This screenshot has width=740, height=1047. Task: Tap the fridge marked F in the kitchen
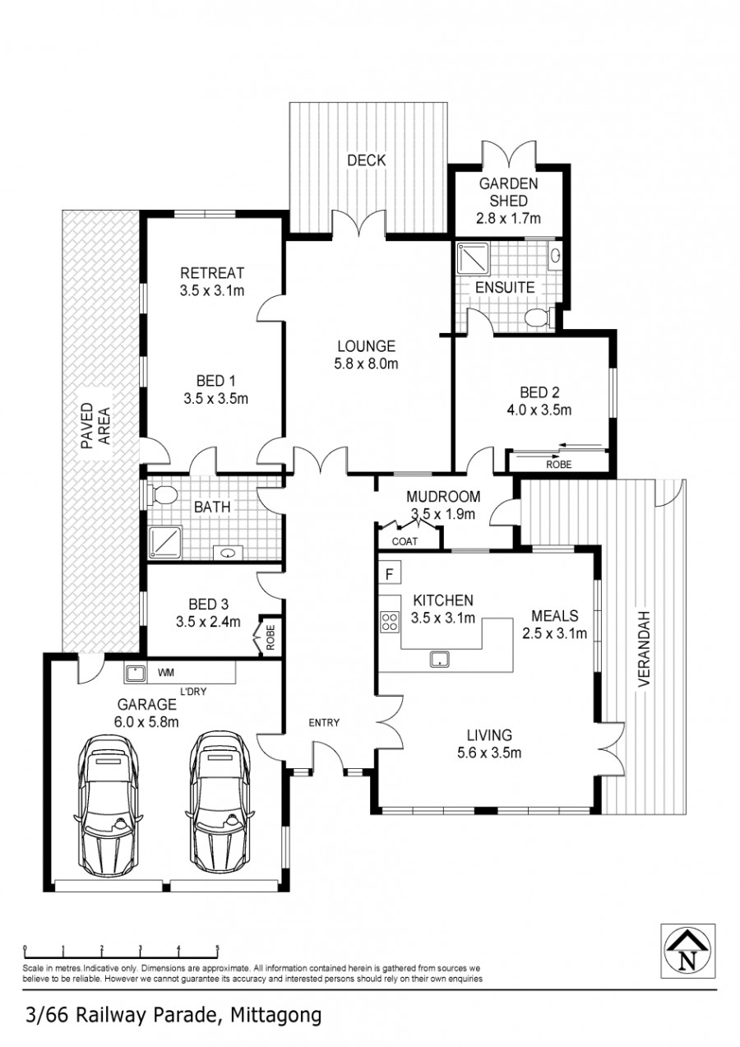click(389, 573)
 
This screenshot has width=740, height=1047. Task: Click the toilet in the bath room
click(160, 493)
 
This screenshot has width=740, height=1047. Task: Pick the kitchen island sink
click(439, 659)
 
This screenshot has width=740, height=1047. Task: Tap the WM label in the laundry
click(166, 673)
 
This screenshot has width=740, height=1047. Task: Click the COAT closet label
click(405, 541)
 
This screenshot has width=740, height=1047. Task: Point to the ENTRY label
click(324, 723)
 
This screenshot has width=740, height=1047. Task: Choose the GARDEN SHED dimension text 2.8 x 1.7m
click(508, 218)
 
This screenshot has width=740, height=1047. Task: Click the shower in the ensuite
click(472, 258)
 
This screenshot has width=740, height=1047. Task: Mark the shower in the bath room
click(165, 541)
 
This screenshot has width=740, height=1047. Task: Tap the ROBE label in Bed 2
click(559, 465)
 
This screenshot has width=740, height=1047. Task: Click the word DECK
click(367, 160)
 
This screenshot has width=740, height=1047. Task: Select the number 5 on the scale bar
click(217, 948)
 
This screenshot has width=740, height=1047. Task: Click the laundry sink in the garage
click(135, 674)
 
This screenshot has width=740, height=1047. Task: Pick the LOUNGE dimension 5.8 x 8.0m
click(366, 364)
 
